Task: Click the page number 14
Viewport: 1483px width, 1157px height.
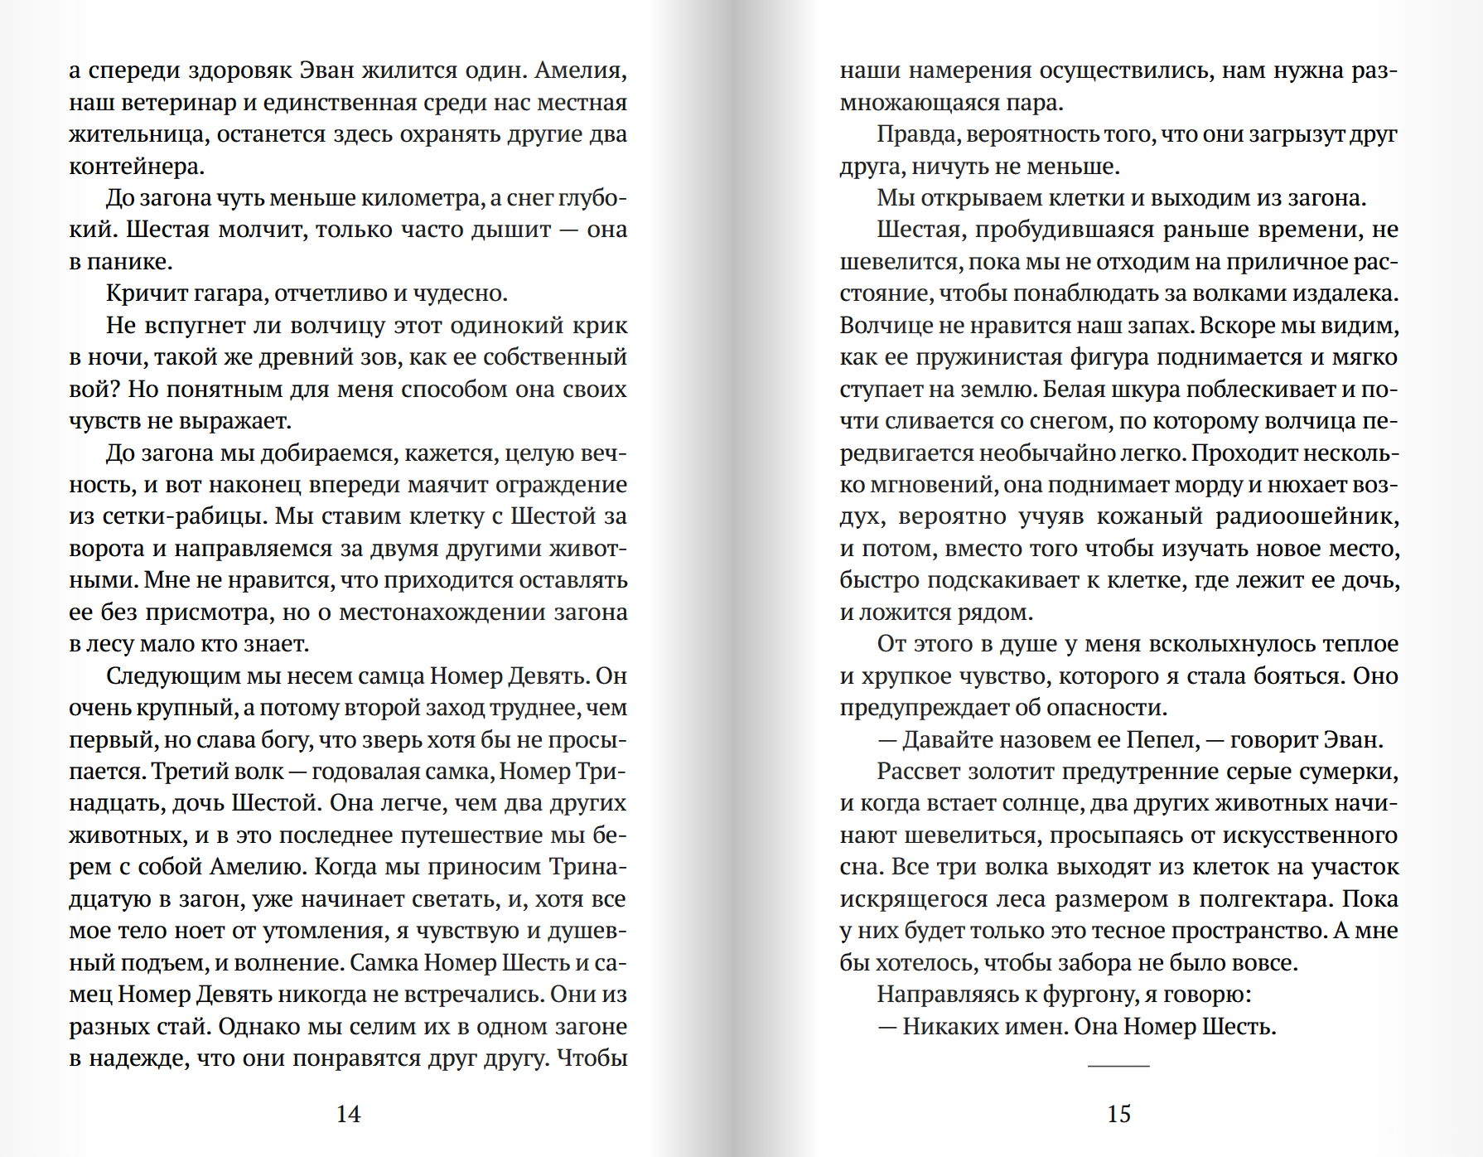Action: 348,1114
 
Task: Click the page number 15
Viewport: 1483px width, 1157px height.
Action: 1118,1114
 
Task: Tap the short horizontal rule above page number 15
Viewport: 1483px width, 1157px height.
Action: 1118,1065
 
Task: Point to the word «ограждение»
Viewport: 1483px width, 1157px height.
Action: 563,485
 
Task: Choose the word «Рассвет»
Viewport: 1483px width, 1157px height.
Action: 918,772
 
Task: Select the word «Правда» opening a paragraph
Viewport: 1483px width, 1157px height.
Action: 917,134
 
